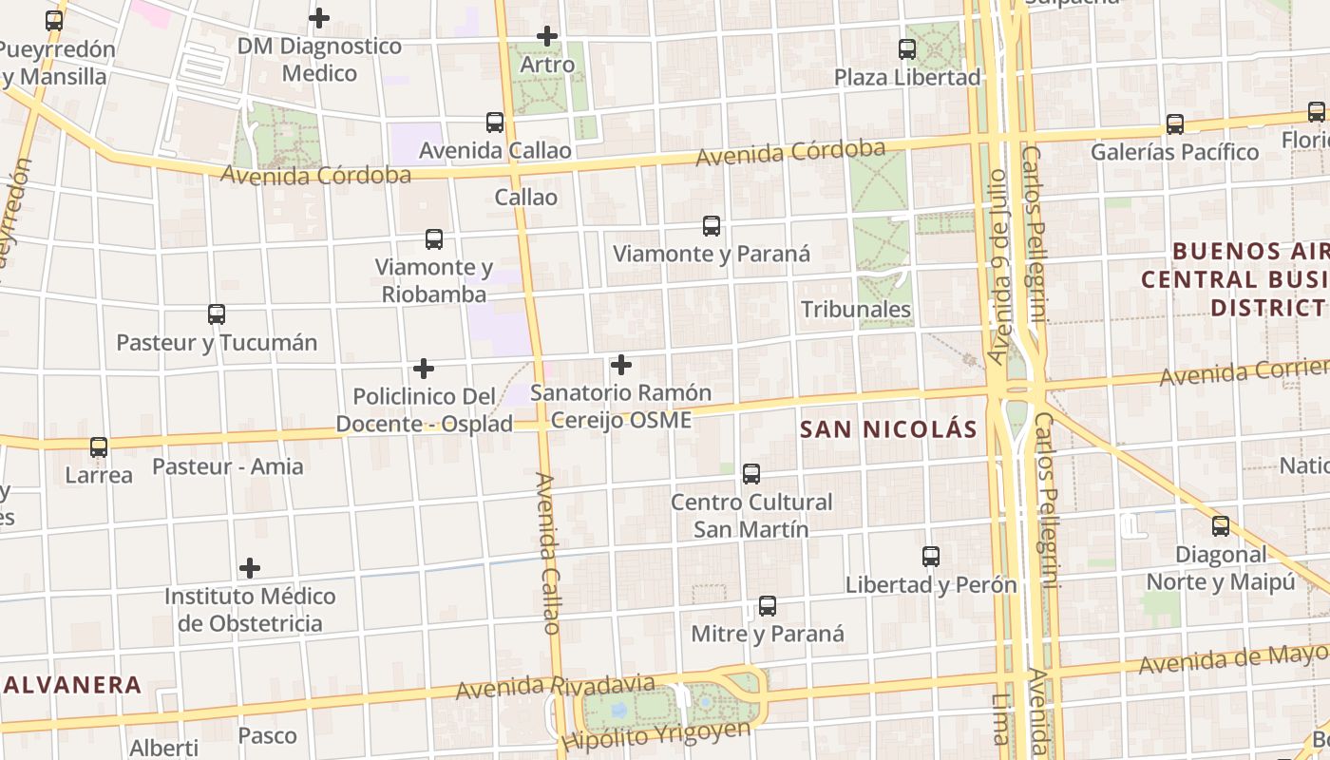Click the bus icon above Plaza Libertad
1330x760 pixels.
click(x=907, y=49)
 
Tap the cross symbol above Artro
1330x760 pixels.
click(x=547, y=36)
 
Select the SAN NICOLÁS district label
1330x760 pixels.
click(x=888, y=429)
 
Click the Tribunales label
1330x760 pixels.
click(x=856, y=310)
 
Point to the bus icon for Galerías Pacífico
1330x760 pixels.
click(x=1175, y=124)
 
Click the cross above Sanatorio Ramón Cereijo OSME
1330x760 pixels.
click(x=621, y=365)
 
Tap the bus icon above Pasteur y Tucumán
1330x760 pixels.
click(x=217, y=314)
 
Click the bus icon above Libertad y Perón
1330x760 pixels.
click(x=931, y=557)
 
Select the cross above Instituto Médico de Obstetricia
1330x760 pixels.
click(x=250, y=568)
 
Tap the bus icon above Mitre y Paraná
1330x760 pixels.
click(x=768, y=606)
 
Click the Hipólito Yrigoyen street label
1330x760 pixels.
click(x=656, y=734)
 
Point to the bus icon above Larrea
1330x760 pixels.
click(x=99, y=447)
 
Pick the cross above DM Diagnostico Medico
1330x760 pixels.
click(x=319, y=18)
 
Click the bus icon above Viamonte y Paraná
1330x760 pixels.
click(x=712, y=226)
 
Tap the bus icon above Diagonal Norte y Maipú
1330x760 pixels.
click(x=1221, y=526)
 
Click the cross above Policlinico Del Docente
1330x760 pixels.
click(x=424, y=369)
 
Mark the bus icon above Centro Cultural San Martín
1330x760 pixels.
click(x=751, y=474)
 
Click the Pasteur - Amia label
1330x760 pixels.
click(x=228, y=466)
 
